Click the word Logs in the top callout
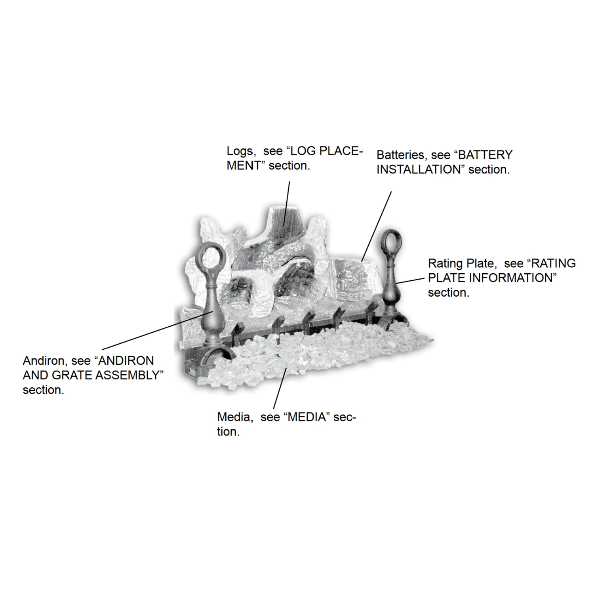tap(240, 151)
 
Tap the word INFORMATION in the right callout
tap(510, 278)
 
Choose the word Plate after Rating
tap(479, 263)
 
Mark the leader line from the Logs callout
tap(287, 204)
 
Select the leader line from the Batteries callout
tap(377, 227)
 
